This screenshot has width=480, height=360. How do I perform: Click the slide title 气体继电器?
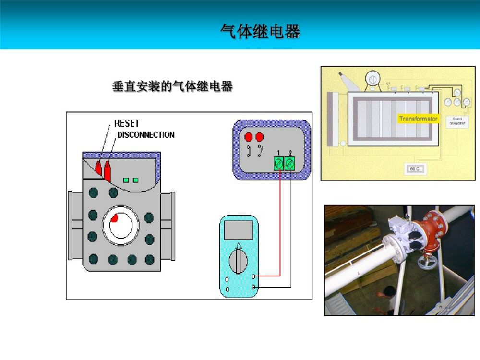(260, 32)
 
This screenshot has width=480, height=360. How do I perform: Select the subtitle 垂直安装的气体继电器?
(172, 87)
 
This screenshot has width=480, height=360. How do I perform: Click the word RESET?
(127, 123)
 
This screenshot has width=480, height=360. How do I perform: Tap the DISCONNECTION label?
(146, 135)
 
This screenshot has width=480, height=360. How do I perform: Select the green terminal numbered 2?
(289, 164)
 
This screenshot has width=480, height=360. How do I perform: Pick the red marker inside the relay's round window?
(115, 220)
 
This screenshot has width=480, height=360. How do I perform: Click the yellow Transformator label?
(418, 119)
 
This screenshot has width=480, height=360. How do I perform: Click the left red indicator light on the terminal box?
(249, 136)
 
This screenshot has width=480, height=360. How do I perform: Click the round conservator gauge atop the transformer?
(372, 78)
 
